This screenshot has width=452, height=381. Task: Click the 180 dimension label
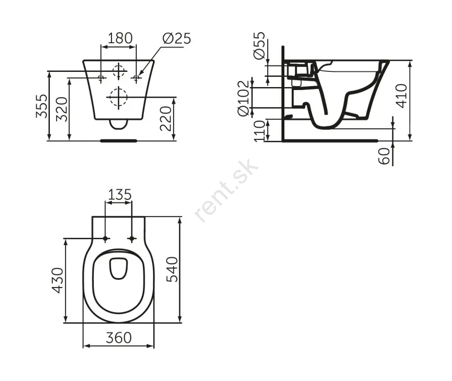click(x=120, y=38)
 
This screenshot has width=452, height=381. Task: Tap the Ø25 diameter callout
click(x=176, y=38)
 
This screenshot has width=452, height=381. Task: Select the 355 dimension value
click(x=42, y=106)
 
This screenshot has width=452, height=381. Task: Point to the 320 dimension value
click(x=62, y=109)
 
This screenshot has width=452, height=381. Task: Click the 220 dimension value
click(x=166, y=118)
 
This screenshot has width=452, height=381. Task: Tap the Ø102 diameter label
click(x=243, y=98)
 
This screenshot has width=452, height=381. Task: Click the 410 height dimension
click(x=402, y=96)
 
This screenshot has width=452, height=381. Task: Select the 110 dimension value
click(x=259, y=131)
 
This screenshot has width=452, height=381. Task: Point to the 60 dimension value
click(x=384, y=156)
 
